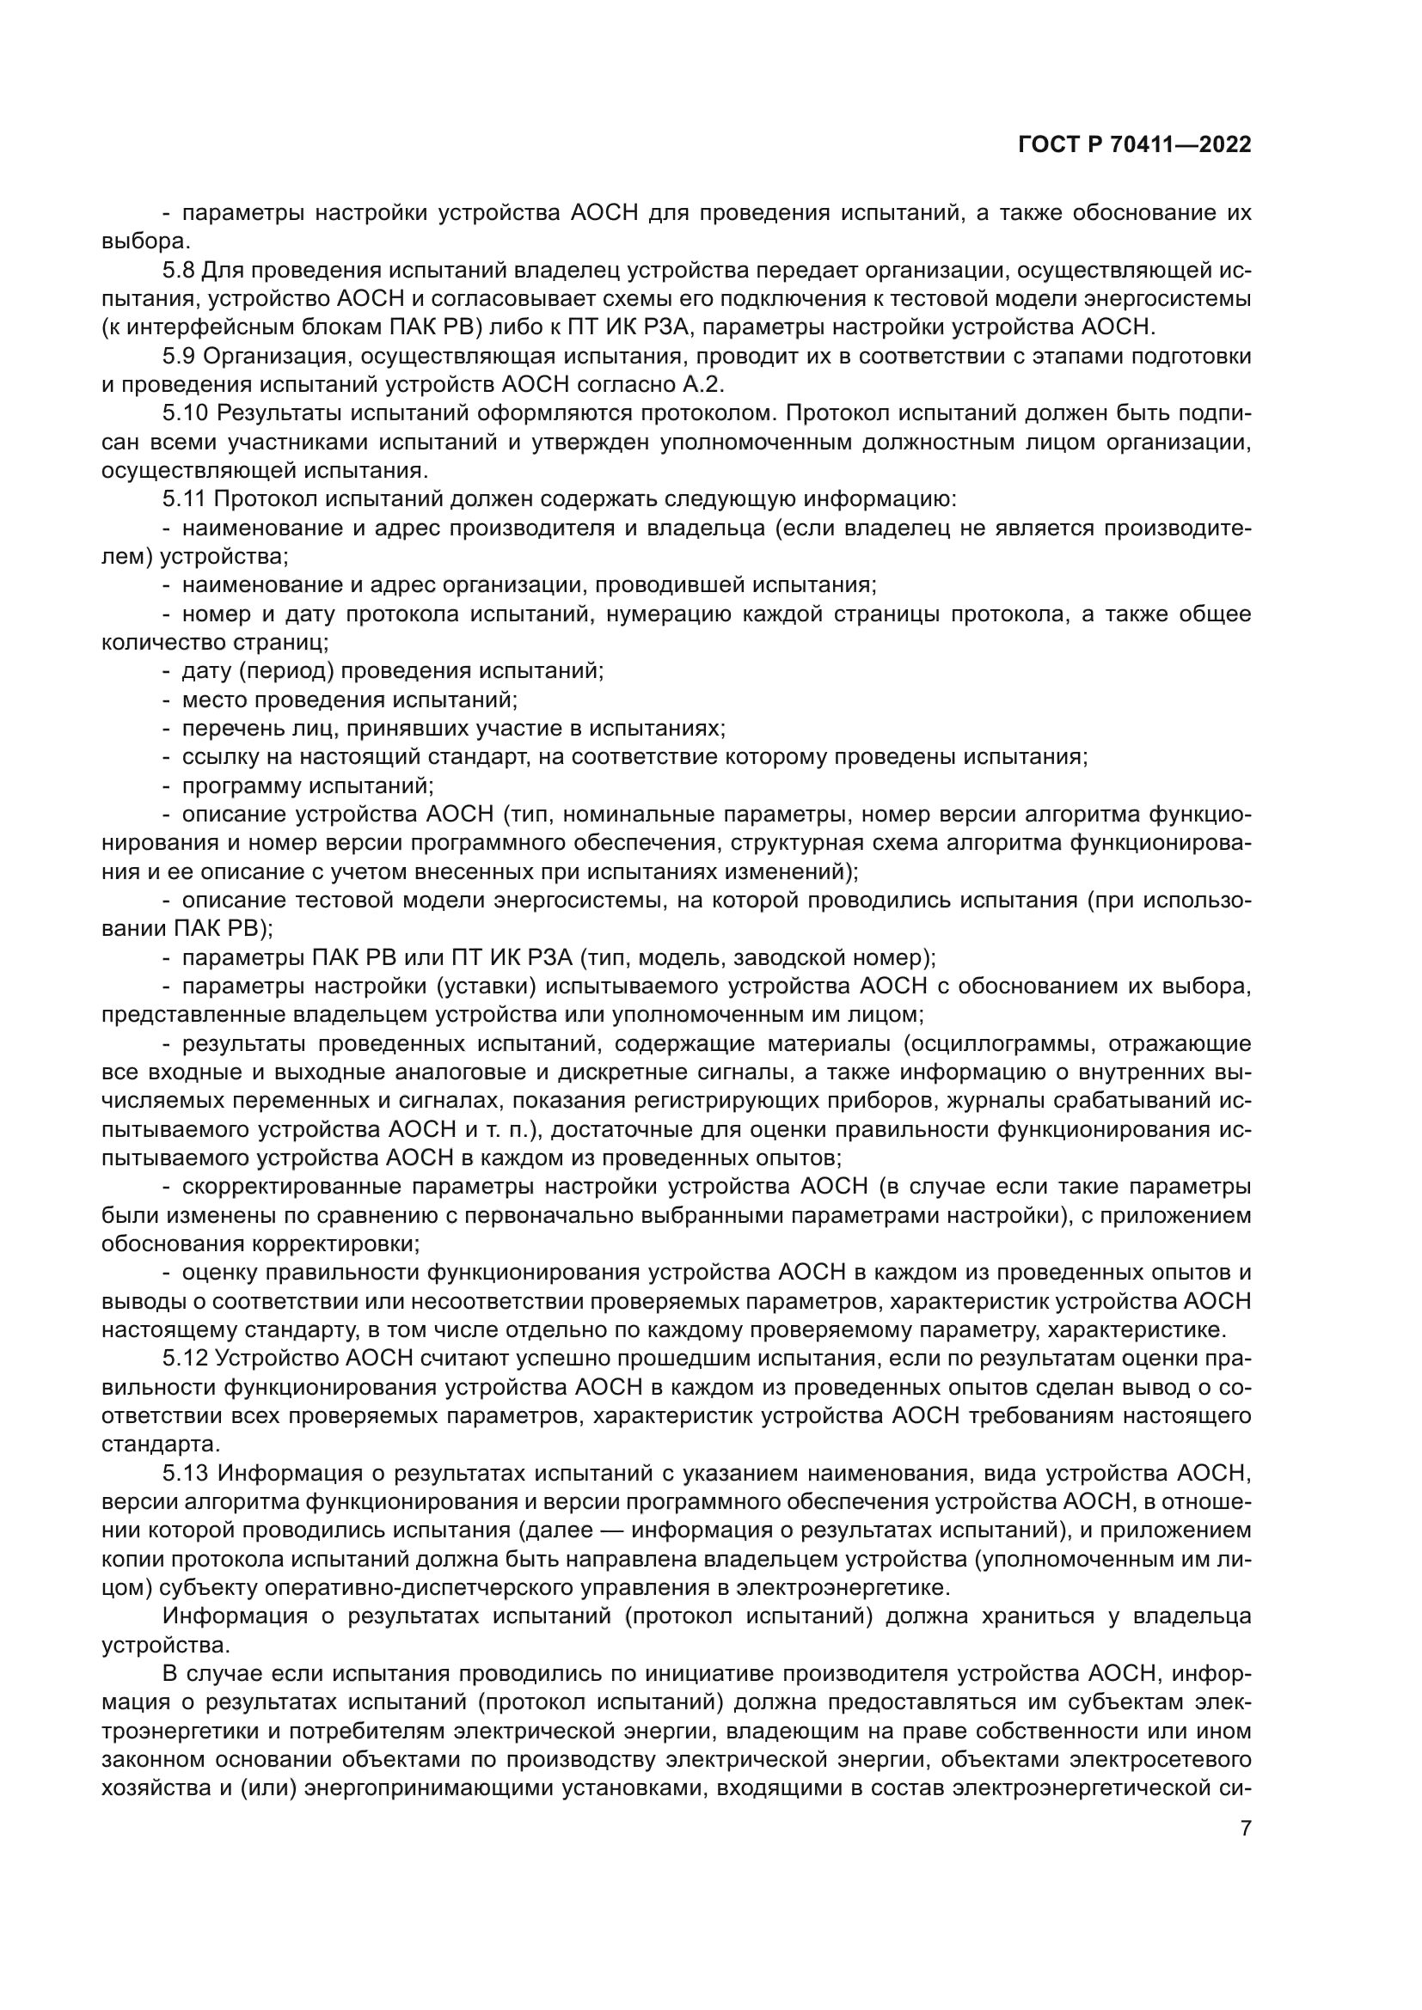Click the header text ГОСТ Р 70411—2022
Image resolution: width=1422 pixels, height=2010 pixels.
pos(1134,145)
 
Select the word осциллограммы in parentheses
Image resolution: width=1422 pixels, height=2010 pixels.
pos(1002,1043)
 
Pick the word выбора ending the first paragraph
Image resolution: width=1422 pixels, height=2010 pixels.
pos(143,241)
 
